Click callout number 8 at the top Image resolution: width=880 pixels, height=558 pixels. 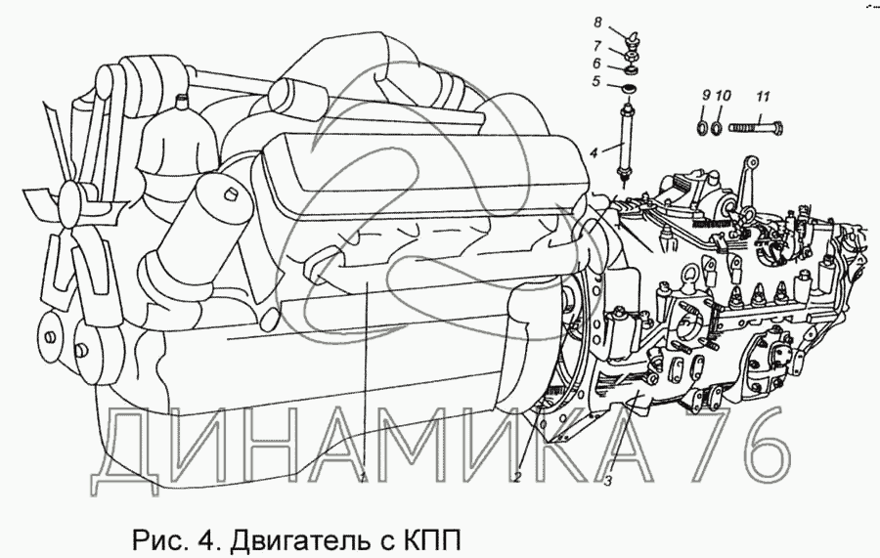pos(597,22)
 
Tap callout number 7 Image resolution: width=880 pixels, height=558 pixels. pos(597,45)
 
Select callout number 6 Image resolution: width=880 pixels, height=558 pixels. pos(596,64)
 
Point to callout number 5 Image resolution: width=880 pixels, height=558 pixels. pos(595,82)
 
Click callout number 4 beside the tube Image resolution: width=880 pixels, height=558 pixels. pos(594,151)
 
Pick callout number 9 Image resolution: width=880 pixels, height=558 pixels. pos(706,96)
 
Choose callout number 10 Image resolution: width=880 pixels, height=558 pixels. pos(724,96)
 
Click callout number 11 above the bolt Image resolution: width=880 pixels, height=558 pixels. pos(762,97)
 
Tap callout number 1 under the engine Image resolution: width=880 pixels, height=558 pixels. pos(363,478)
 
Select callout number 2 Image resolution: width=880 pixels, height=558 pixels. pos(517,477)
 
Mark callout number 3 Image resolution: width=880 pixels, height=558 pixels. pos(608,481)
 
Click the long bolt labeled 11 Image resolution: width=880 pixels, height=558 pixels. pos(756,127)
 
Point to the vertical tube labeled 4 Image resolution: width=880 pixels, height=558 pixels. pos(626,138)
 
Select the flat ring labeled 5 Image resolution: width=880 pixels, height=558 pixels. pos(629,89)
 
